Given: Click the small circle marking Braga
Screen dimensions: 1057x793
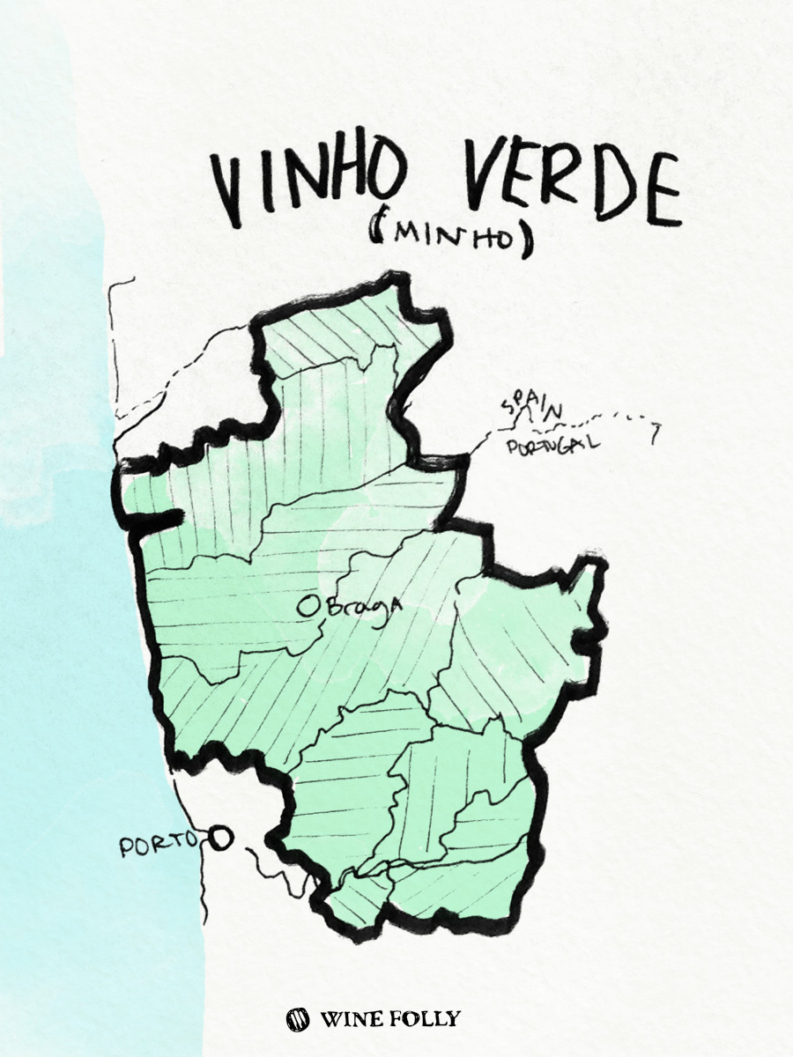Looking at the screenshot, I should pyautogui.click(x=308, y=606).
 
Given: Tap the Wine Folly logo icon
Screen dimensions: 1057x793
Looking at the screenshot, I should pyautogui.click(x=298, y=1019).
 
